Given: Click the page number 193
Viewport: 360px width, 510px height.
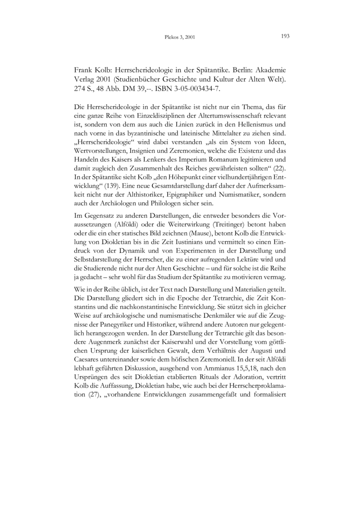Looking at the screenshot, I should [x=284, y=36].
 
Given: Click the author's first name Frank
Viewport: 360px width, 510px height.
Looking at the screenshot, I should [x=83, y=71].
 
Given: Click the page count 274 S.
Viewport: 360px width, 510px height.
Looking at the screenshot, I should [x=83, y=89].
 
